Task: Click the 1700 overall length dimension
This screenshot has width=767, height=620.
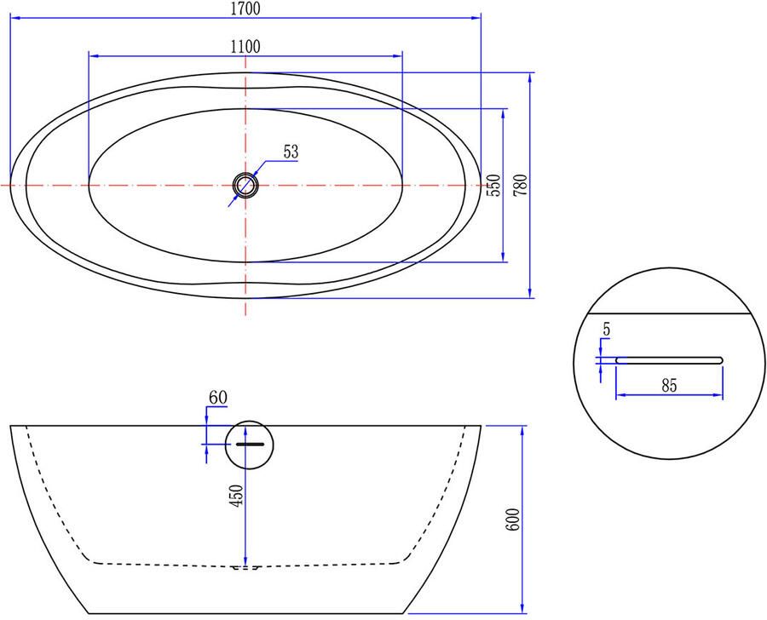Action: tap(245, 9)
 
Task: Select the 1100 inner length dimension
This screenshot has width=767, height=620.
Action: tap(245, 46)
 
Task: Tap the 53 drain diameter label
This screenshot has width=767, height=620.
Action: tap(291, 152)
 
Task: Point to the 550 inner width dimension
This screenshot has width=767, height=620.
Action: tap(493, 185)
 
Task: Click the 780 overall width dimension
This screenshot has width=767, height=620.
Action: tap(521, 185)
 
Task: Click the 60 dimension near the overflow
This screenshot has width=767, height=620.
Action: tap(218, 396)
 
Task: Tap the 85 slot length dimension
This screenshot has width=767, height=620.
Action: tap(669, 386)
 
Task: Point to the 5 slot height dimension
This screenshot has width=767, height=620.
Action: tap(606, 328)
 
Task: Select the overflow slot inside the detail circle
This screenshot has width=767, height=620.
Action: tap(669, 359)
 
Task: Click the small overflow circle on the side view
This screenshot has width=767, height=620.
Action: tap(249, 444)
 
